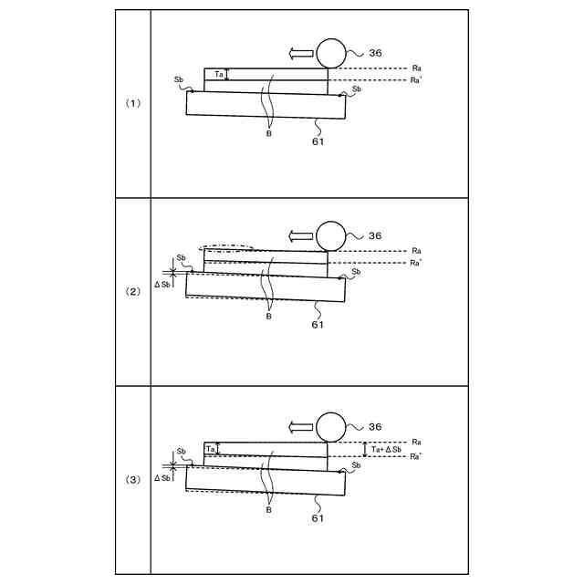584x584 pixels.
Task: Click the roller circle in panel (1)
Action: (x=329, y=54)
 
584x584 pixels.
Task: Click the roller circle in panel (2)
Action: (x=329, y=236)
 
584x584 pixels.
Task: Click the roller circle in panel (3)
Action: (x=329, y=426)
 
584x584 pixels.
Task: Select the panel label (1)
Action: (x=133, y=103)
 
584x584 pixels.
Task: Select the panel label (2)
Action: (x=133, y=291)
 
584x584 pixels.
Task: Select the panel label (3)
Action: (x=133, y=479)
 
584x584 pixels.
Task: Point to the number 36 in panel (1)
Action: (x=375, y=53)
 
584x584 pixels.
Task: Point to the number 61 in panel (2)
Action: (x=318, y=324)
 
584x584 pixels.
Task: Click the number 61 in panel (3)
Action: (x=318, y=517)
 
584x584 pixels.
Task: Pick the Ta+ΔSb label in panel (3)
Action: (x=387, y=450)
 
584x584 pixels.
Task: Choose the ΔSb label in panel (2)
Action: (x=163, y=286)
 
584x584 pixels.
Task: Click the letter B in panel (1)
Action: (x=268, y=132)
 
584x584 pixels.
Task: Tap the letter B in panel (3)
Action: (x=268, y=509)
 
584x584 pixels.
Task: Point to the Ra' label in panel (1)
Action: (x=416, y=80)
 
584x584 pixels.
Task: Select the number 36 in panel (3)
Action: (x=375, y=426)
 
